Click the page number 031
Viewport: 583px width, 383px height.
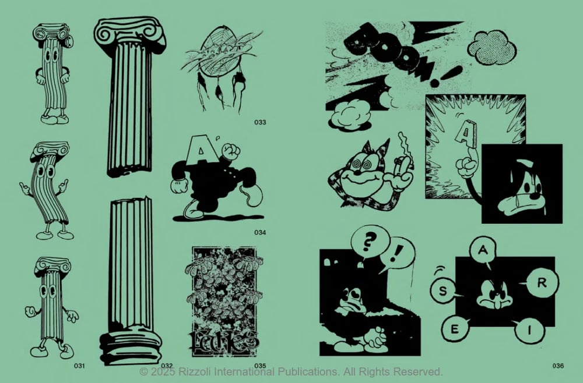[x=79, y=366]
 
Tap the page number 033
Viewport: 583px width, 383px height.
[x=260, y=122]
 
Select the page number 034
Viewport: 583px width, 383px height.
[x=260, y=233]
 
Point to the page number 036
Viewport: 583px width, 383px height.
[x=558, y=366]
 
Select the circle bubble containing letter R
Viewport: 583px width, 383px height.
[x=540, y=285]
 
